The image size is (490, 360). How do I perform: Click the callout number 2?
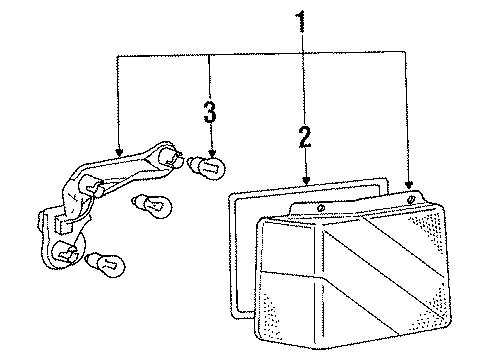coord(304,137)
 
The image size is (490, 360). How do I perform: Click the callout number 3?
coord(209,112)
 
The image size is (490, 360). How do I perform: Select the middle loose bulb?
coord(151,206)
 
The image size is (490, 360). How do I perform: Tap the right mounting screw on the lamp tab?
coord(413,201)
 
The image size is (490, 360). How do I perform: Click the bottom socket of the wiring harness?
coord(66,254)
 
